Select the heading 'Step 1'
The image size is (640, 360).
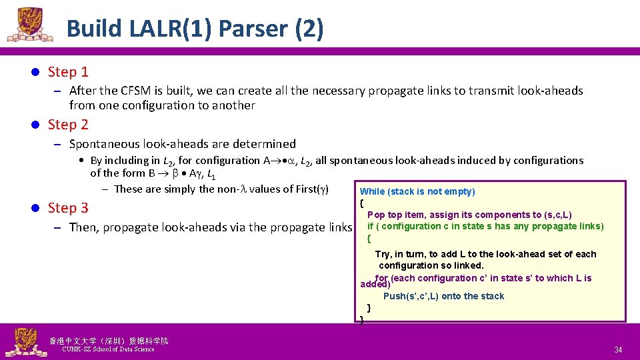click(68, 71)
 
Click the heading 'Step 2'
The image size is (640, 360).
click(68, 124)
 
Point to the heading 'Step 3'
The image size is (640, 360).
click(68, 207)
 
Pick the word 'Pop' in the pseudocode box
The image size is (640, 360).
click(376, 215)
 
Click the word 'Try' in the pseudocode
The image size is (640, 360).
click(383, 254)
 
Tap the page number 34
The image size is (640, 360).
click(618, 350)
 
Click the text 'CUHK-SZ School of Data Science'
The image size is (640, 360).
click(108, 349)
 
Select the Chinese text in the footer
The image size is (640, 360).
click(108, 341)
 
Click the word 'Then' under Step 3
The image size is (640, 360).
click(83, 227)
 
